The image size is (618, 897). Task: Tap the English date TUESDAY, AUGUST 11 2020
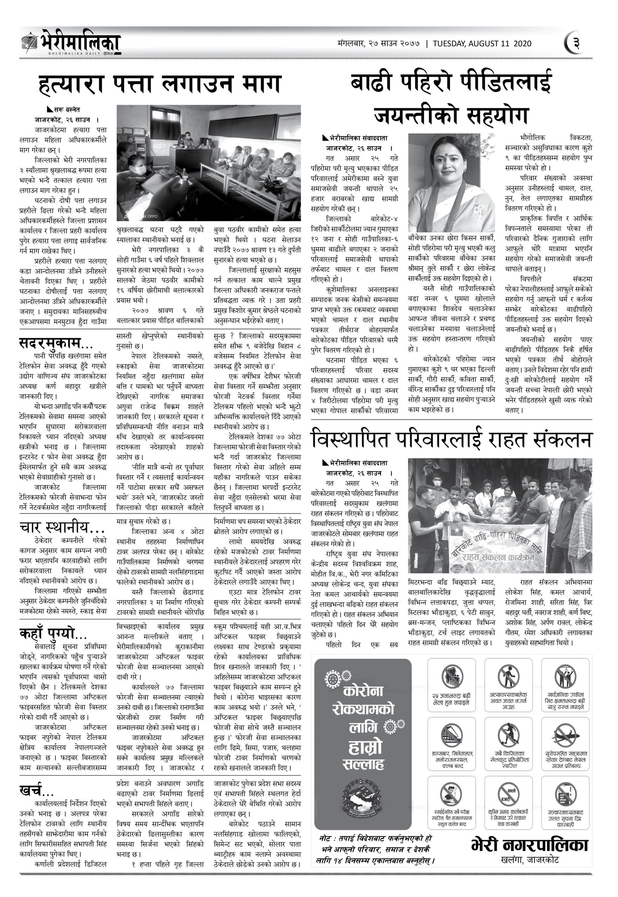[482, 44]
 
